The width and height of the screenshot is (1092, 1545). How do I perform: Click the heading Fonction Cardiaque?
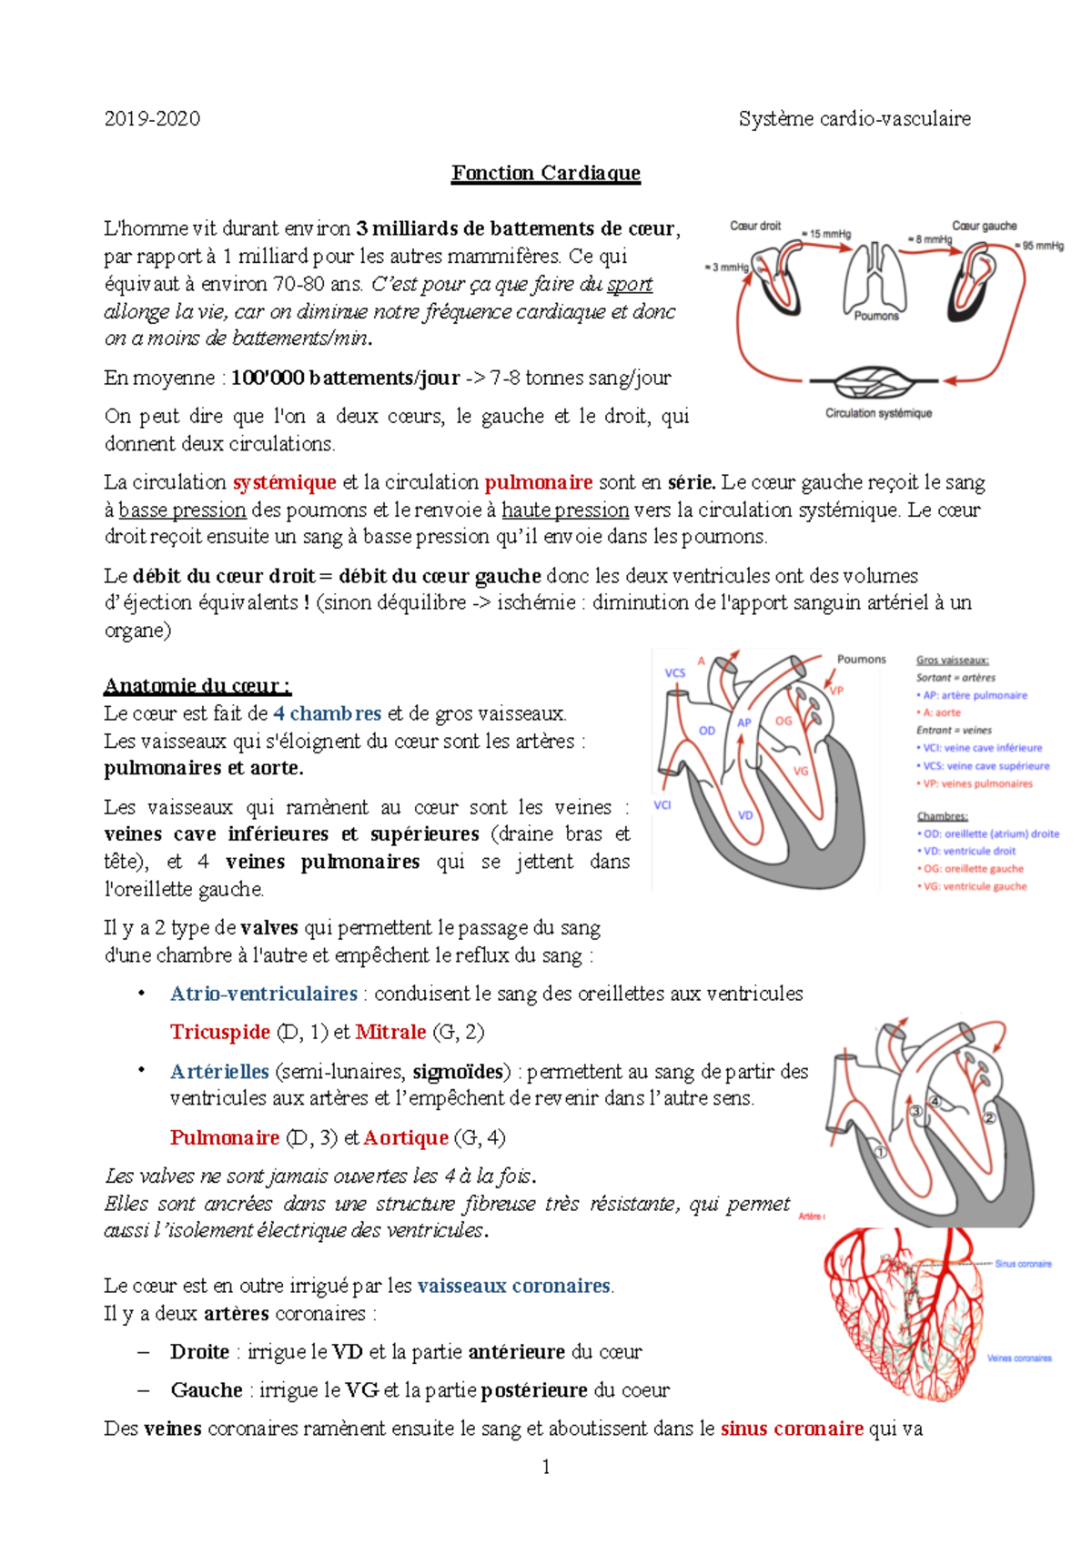pos(546,173)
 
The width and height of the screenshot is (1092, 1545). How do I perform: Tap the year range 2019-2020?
pos(152,118)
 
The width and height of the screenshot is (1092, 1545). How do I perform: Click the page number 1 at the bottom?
pos(545,1466)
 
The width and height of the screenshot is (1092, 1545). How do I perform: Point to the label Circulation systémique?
pos(878,413)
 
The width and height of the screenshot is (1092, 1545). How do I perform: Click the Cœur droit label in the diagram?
pos(755,226)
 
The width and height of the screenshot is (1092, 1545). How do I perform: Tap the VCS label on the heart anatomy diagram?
pos(674,673)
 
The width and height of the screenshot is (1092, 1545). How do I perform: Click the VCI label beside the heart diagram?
pos(662,805)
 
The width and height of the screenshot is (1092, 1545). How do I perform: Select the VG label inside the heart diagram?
pos(801,771)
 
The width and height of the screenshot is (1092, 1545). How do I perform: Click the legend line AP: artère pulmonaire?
pos(973,695)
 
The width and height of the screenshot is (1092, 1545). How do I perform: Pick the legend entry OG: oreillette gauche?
pos(972,869)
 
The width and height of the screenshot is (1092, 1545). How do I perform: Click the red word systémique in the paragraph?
pos(284,482)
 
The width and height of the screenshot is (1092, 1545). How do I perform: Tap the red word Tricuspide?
pos(220,1032)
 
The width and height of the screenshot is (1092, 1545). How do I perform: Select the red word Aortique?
pos(406,1137)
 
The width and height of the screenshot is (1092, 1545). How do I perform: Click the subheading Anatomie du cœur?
pos(197,685)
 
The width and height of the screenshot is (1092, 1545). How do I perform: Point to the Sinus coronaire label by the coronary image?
pos(1023,1264)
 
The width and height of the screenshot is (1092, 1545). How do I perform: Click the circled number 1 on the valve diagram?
pos(880,1151)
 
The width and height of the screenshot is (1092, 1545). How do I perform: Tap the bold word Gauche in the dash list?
pos(207,1389)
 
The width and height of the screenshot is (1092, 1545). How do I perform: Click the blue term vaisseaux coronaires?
pos(514,1286)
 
